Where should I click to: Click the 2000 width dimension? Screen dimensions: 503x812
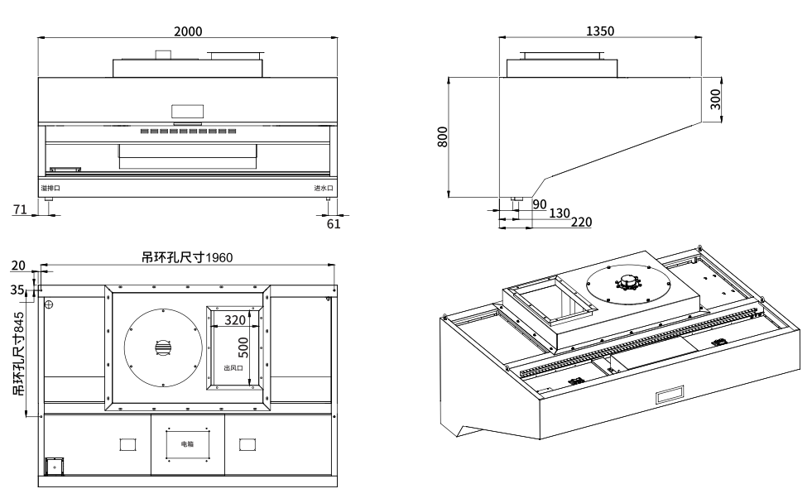(188, 31)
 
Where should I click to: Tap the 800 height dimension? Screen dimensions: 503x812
(442, 137)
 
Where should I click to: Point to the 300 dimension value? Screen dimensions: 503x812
(716, 99)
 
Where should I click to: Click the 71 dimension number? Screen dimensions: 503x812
(20, 210)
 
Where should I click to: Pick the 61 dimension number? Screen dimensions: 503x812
(334, 223)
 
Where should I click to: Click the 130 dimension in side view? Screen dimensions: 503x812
(560, 213)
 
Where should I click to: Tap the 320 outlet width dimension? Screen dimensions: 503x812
(236, 320)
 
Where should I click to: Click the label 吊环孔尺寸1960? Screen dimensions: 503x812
(187, 257)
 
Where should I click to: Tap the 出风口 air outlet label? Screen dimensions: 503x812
(233, 369)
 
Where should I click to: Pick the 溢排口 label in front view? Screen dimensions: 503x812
(50, 189)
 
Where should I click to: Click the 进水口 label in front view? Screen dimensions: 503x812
(323, 189)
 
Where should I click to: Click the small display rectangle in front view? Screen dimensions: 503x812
(187, 111)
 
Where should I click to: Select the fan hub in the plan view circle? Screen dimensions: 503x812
(162, 348)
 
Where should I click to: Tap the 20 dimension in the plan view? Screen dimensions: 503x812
(18, 266)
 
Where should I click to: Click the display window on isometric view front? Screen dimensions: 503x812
(670, 396)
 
